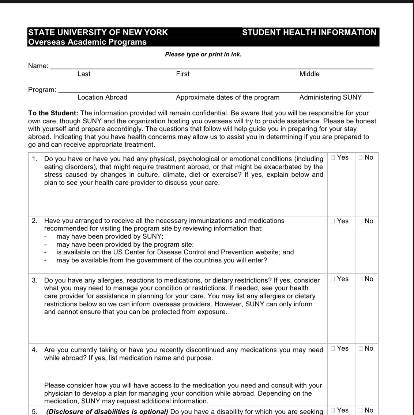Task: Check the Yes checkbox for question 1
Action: (x=333, y=157)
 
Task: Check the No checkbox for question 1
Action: (x=361, y=157)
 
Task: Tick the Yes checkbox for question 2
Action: (x=333, y=221)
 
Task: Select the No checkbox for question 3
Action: (x=361, y=279)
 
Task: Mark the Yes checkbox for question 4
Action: (x=333, y=348)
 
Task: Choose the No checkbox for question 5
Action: (x=361, y=410)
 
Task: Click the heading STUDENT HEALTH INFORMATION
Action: (x=309, y=32)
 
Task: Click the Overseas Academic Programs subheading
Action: (x=87, y=42)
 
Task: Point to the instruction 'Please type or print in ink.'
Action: (x=203, y=55)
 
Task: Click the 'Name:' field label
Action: (x=38, y=66)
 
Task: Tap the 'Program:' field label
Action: (x=42, y=90)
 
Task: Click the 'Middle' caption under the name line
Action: (x=309, y=74)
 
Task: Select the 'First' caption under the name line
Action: (x=182, y=74)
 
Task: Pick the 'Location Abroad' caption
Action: (x=102, y=97)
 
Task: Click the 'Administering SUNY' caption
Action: (x=330, y=97)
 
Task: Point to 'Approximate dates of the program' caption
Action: (x=227, y=97)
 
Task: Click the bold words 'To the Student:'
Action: (x=53, y=113)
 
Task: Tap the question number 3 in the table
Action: (x=34, y=280)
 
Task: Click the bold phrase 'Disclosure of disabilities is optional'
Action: (x=107, y=411)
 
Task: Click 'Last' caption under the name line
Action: (x=84, y=74)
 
